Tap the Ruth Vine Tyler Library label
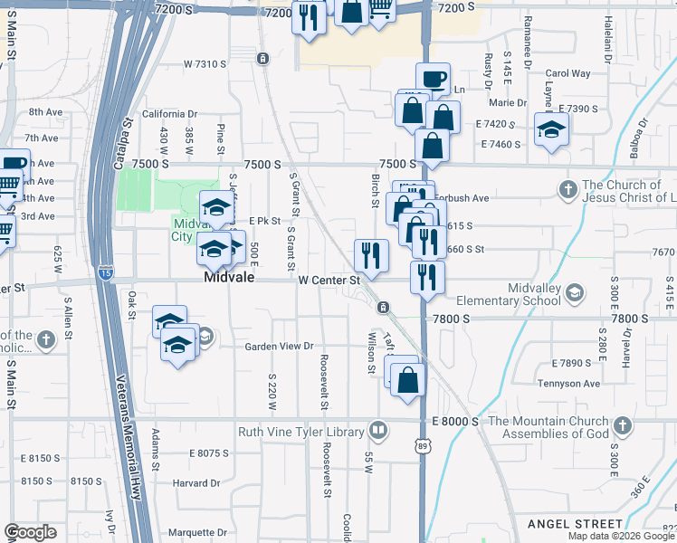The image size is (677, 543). click(302, 433)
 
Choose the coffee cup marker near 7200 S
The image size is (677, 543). click(433, 78)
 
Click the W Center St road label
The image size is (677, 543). click(329, 280)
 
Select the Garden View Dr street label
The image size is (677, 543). click(278, 347)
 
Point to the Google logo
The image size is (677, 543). click(31, 532)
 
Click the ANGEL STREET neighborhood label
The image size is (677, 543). click(576, 524)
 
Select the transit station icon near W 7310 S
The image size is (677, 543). click(262, 59)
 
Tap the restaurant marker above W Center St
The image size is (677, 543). click(371, 255)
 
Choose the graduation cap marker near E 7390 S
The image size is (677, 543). click(551, 129)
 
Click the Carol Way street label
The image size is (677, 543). click(567, 73)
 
